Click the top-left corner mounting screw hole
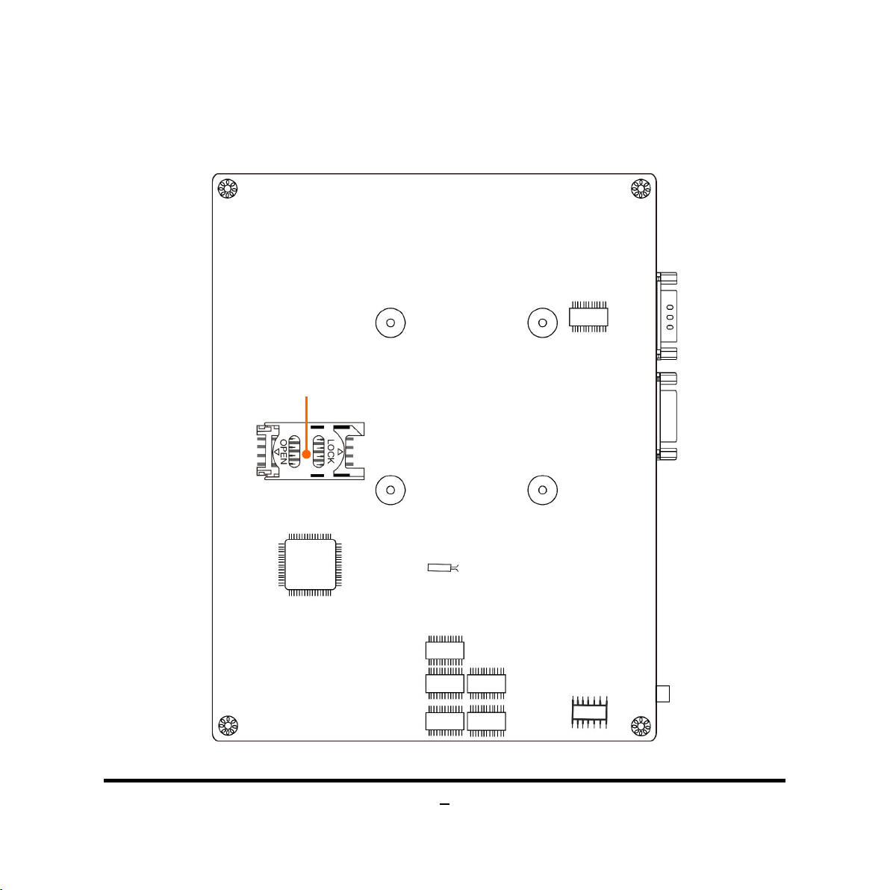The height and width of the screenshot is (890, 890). pos(228,188)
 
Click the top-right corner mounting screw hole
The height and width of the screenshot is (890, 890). pos(641,188)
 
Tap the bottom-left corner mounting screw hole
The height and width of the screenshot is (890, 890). pos(228,726)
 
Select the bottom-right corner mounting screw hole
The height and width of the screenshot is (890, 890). pos(641,726)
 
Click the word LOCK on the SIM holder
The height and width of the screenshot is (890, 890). pos(330,451)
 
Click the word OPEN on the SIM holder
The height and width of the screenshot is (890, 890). pos(283,452)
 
